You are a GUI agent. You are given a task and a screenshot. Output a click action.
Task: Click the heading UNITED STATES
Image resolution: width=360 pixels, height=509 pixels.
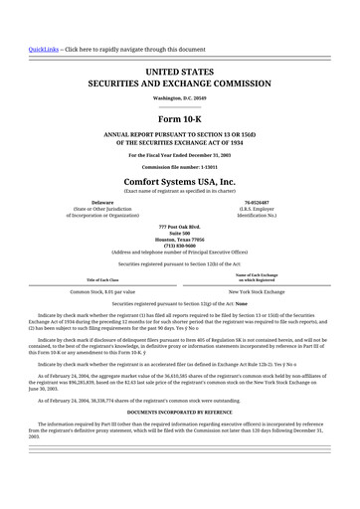coord(180,73)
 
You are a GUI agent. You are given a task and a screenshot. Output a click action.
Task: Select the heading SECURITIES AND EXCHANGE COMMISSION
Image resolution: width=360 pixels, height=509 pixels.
coord(180,85)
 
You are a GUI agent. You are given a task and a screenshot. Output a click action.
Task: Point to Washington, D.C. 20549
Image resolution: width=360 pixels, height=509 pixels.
coord(180,98)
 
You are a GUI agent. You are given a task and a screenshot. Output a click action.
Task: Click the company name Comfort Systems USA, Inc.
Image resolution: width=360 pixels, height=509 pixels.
coord(180,183)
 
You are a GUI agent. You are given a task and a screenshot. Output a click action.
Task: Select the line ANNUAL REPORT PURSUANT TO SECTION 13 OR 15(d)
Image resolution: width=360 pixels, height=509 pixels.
coord(180,133)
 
